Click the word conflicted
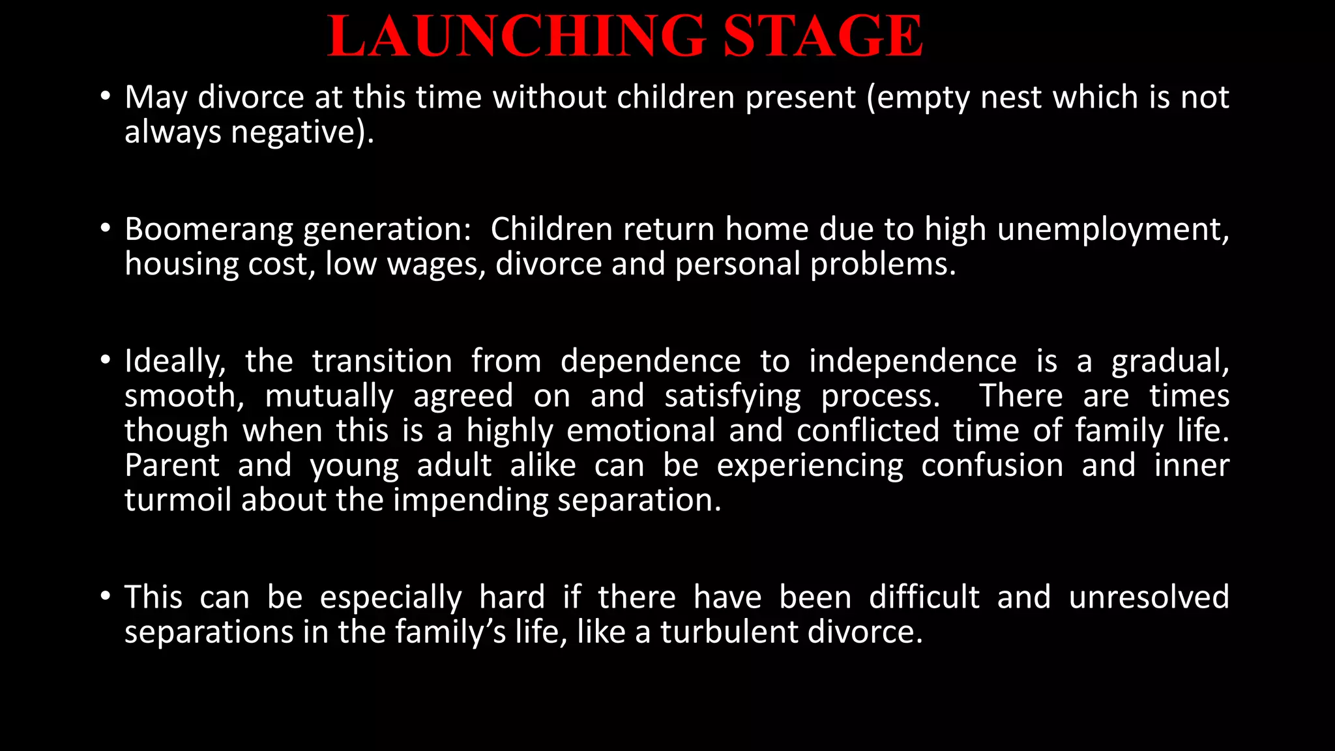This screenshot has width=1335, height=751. [868, 431]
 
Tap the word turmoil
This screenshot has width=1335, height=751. [177, 500]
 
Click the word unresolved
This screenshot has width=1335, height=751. [1149, 597]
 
